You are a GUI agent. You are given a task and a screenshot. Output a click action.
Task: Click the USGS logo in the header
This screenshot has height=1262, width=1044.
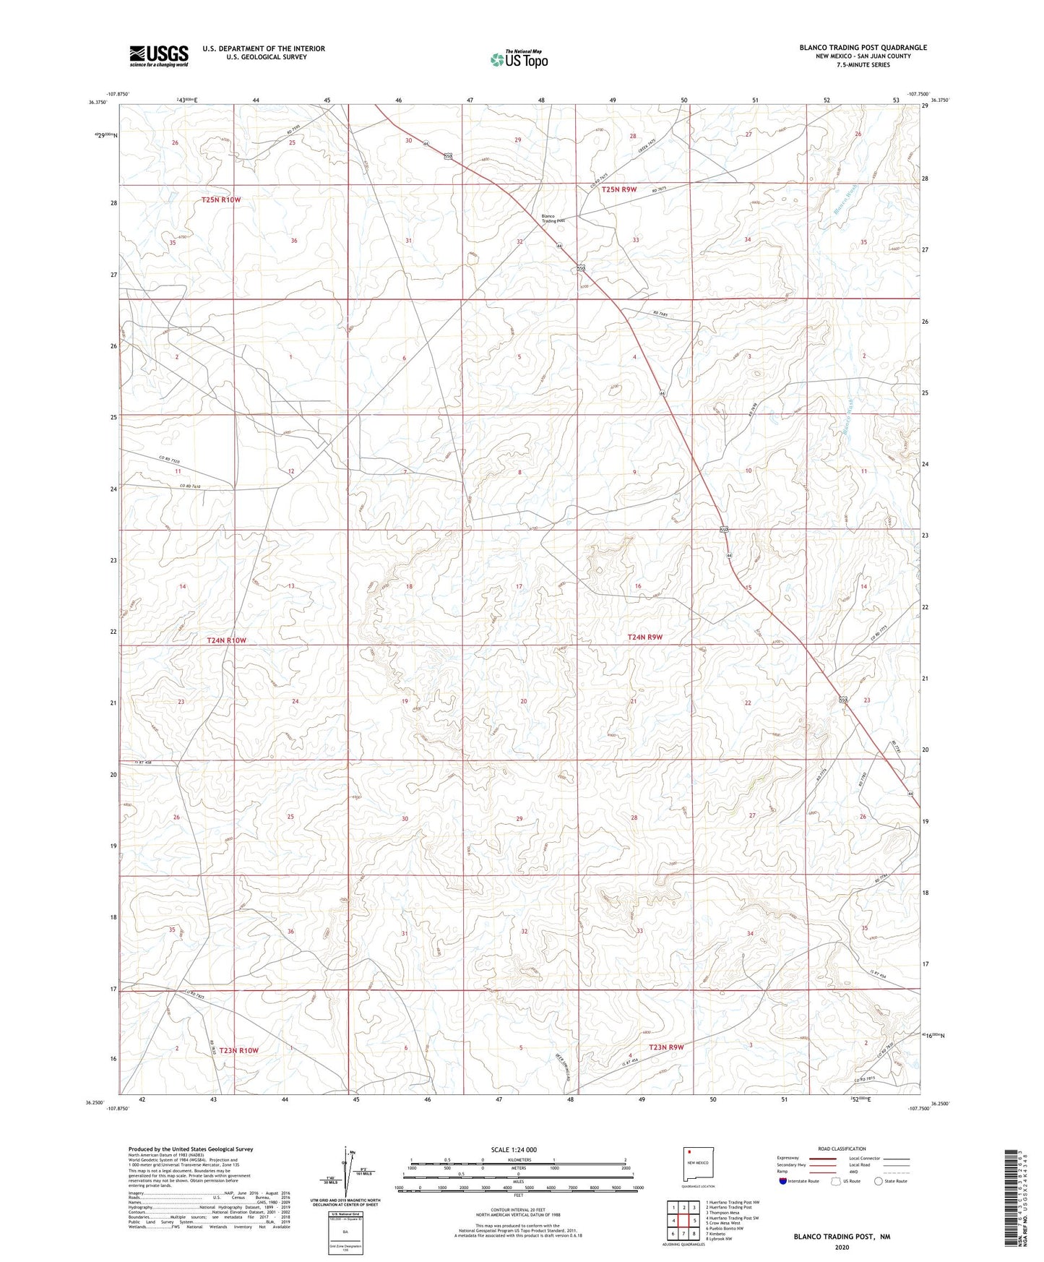point(159,55)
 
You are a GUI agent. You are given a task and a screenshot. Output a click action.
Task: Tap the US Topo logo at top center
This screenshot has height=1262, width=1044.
point(519,59)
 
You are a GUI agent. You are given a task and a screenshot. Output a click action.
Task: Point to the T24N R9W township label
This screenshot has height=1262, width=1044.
point(645,637)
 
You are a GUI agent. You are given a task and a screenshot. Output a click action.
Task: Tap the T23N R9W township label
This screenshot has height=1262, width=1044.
point(666,1047)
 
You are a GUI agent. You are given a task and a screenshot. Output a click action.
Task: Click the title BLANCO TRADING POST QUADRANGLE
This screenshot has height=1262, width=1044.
point(863,48)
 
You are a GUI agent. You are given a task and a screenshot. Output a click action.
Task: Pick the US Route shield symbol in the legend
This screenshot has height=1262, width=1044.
point(837,1181)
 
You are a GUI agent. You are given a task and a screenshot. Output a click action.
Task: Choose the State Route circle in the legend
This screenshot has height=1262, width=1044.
point(879,1181)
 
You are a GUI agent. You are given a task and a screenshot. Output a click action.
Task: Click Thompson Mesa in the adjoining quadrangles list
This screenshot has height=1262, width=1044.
point(724,1213)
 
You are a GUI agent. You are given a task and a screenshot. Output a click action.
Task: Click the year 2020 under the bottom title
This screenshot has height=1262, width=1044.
point(842,1247)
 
